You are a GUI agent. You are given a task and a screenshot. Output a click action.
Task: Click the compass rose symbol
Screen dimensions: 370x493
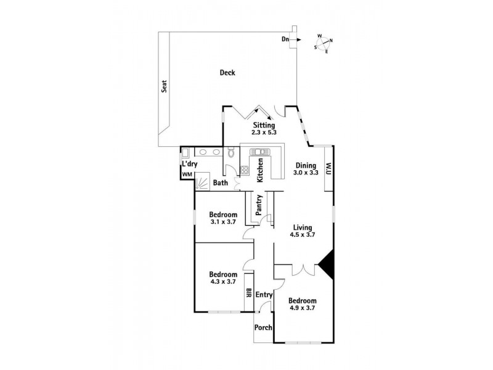(x=324, y=43)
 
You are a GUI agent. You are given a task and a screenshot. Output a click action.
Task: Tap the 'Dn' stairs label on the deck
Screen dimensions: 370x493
(x=286, y=39)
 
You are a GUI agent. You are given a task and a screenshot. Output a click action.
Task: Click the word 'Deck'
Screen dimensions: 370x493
(x=227, y=73)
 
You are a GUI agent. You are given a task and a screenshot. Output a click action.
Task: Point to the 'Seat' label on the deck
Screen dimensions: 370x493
(x=165, y=88)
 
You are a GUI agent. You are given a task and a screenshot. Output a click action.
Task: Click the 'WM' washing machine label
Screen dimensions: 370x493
(x=187, y=175)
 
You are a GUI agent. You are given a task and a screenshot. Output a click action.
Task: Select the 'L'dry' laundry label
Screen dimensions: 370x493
(x=189, y=163)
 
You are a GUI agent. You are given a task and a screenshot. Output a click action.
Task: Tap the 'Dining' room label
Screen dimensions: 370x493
(x=306, y=165)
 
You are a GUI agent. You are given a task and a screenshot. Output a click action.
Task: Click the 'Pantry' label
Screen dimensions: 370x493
(x=260, y=205)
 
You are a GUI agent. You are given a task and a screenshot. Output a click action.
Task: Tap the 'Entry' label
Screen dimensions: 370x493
(x=264, y=295)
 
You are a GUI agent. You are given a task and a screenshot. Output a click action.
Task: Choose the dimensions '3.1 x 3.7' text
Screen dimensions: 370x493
(x=223, y=223)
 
